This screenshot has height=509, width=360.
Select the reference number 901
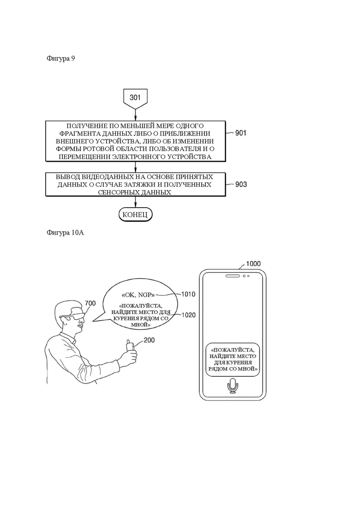pos(240,133)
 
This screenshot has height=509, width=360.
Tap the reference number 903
pos(241,185)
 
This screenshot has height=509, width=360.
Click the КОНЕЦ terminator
pos(135,215)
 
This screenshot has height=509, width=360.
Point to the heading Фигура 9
pos(61,59)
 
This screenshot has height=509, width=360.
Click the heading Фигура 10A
pos(65,233)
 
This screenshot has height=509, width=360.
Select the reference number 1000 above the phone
pos(253,263)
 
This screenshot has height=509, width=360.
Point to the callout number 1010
pos(188,294)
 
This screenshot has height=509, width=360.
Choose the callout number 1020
pos(188,315)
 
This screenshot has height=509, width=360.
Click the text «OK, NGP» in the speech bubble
pos(138,295)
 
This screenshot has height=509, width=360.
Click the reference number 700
pos(90,303)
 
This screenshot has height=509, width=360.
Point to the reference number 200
pos(149,340)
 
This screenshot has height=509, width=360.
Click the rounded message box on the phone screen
pos(233,359)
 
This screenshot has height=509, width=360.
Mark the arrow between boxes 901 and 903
pos(135,167)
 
